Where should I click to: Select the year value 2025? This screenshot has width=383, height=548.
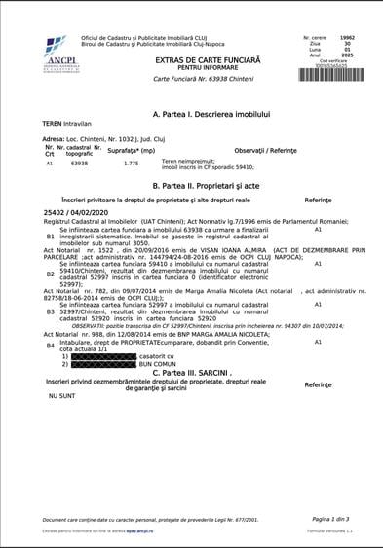(348, 55)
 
